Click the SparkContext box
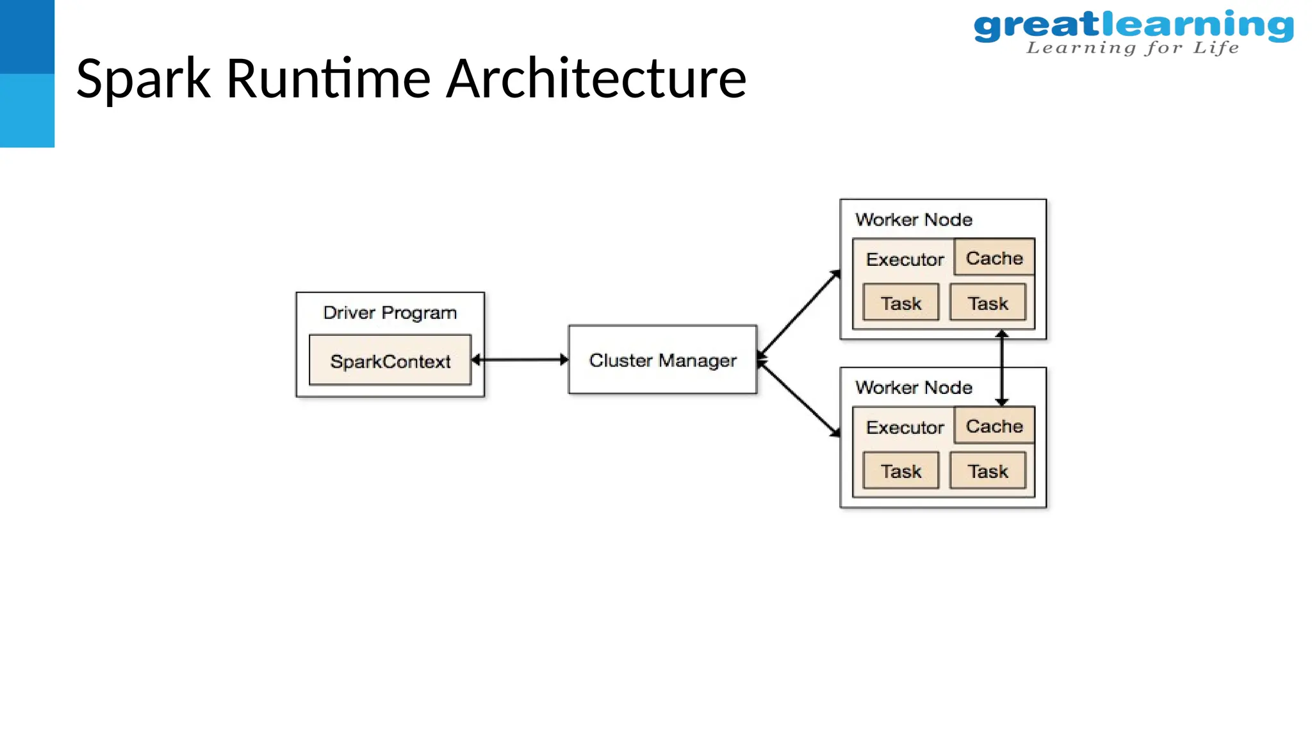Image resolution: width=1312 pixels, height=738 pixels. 390,360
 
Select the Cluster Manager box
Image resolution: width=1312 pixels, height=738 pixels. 662,359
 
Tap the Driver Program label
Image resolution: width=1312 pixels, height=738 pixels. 389,313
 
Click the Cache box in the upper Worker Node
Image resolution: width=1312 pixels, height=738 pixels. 994,258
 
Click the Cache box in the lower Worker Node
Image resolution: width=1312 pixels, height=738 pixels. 994,425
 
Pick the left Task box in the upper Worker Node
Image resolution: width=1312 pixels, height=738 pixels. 901,302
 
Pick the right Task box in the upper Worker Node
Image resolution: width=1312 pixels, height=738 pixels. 987,302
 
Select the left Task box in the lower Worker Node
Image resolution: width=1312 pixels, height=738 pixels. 901,471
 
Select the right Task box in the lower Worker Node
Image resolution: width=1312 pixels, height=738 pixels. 987,471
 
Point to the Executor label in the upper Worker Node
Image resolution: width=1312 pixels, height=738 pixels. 905,259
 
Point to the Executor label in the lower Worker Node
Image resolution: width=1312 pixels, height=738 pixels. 905,427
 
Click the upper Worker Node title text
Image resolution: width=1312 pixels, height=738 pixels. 914,220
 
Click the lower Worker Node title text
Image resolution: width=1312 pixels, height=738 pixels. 914,388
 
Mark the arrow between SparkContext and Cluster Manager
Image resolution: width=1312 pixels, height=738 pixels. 520,359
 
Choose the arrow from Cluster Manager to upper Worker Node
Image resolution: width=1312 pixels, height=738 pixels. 799,313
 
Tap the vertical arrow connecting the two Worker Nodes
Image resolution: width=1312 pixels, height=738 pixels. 1002,368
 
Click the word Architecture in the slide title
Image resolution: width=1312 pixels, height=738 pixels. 596,78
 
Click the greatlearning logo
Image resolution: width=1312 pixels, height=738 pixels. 1133,26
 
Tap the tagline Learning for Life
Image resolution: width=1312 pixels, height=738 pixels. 1133,48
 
